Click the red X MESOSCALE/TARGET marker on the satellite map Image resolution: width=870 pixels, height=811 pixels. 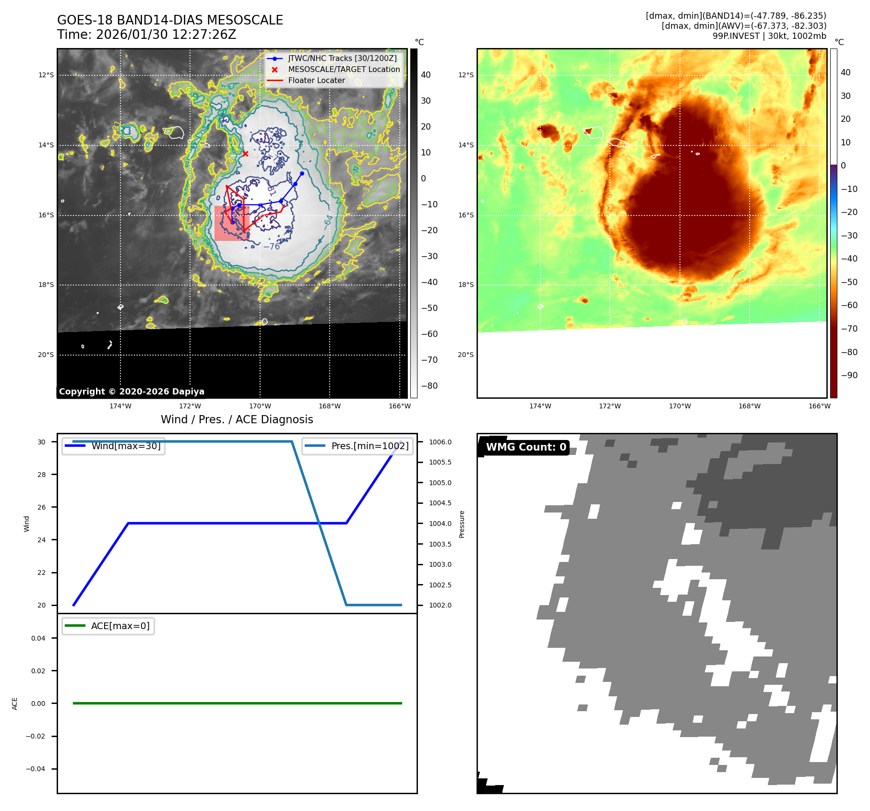click(x=245, y=154)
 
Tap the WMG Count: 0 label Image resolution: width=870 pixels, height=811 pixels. click(x=526, y=447)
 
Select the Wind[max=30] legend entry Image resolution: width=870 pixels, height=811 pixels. click(x=126, y=446)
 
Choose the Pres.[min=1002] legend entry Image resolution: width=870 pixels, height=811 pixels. click(x=369, y=446)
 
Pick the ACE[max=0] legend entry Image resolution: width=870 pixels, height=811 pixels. click(x=120, y=626)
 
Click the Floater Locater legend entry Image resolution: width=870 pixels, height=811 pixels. click(x=316, y=81)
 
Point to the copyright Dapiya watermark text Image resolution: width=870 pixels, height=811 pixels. click(x=131, y=392)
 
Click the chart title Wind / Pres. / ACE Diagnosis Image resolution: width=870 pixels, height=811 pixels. click(x=237, y=419)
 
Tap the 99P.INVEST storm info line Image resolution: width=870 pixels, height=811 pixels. click(x=769, y=36)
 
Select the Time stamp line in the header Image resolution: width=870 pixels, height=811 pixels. click(x=146, y=35)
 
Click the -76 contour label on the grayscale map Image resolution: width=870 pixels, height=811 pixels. click(x=272, y=247)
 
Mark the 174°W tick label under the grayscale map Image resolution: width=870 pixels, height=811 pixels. click(x=120, y=406)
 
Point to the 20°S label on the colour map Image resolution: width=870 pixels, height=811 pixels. click(x=465, y=355)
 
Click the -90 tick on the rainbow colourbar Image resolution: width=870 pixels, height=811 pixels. click(x=849, y=375)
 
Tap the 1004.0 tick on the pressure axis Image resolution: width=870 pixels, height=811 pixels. click(x=440, y=524)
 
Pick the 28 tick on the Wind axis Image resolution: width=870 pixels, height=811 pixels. click(x=42, y=475)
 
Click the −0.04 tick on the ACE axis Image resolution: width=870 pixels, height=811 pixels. click(x=36, y=769)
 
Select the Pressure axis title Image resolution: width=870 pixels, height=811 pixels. click(x=462, y=524)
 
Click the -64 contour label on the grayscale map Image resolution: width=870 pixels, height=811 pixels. click(x=328, y=222)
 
